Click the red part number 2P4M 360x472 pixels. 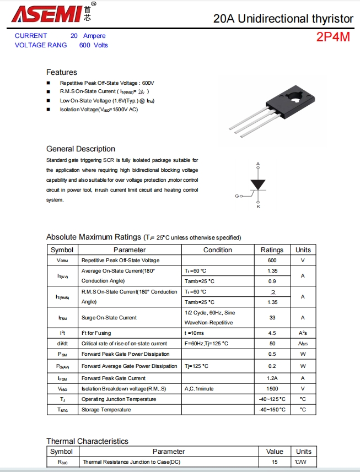click(x=333, y=37)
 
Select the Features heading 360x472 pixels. click(x=62, y=72)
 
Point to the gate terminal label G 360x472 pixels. click(x=237, y=196)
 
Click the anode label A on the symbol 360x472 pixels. click(x=258, y=164)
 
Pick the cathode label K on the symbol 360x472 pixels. click(x=258, y=206)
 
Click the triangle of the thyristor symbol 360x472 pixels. click(x=258, y=185)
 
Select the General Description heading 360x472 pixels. click(x=80, y=149)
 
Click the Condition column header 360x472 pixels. click(x=218, y=249)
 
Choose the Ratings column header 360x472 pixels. click(x=272, y=249)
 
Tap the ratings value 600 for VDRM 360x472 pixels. click(x=272, y=260)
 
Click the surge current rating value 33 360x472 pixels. click(x=272, y=317)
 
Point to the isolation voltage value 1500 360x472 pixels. click(x=272, y=388)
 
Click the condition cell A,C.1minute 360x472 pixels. click(x=199, y=388)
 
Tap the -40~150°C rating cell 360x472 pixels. click(x=272, y=409)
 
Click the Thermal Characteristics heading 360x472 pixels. click(x=87, y=441)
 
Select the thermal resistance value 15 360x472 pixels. click(x=274, y=462)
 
